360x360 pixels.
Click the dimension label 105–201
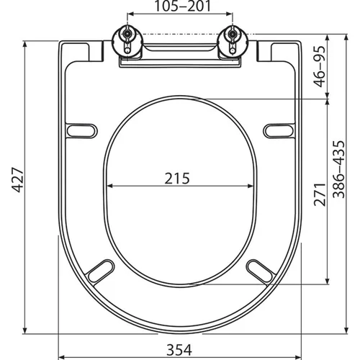[x=182, y=6]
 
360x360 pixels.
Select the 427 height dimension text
[x=18, y=180]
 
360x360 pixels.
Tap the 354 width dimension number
[x=179, y=350]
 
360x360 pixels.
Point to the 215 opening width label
[x=177, y=179]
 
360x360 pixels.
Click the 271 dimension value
[x=320, y=194]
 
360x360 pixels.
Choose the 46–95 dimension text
[x=320, y=66]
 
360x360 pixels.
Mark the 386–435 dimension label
[x=339, y=169]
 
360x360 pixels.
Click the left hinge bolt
[x=127, y=34]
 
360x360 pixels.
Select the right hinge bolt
[x=233, y=34]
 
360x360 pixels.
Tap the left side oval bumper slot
[x=81, y=131]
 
